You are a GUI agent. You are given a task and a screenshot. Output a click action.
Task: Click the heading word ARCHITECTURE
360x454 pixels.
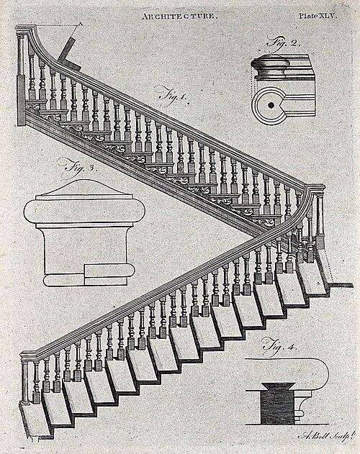tap(179, 17)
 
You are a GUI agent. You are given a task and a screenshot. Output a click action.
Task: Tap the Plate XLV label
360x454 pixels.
tap(318, 16)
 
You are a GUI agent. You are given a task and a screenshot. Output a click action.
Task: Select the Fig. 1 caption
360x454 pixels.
tap(173, 95)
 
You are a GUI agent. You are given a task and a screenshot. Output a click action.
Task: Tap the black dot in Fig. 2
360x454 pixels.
tap(271, 105)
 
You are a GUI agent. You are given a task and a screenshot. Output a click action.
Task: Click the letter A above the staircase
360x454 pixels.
tap(81, 24)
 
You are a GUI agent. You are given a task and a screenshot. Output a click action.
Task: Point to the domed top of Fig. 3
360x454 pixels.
tap(84, 187)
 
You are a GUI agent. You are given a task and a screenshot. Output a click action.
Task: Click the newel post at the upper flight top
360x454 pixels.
tap(22, 76)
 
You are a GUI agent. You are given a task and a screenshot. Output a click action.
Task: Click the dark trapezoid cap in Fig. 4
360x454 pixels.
tap(278, 386)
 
